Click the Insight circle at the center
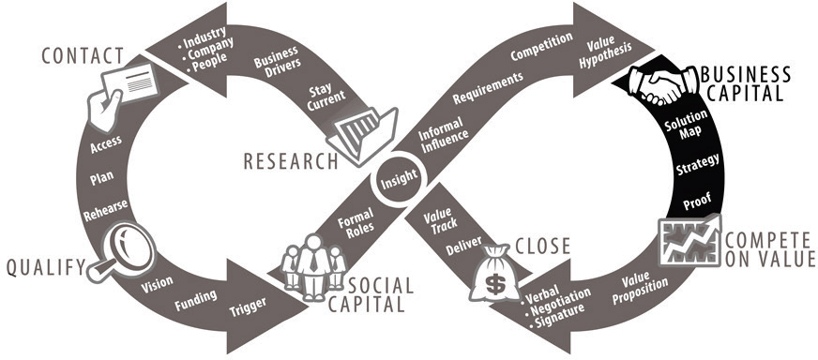(x=399, y=178)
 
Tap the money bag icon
(x=493, y=273)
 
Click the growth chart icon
(x=689, y=241)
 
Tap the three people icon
(x=314, y=267)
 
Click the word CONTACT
(x=83, y=56)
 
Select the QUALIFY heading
(x=46, y=267)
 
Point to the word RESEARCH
(x=291, y=162)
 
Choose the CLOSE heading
(x=542, y=246)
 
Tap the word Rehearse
(x=105, y=210)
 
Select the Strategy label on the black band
(x=698, y=164)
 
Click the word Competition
(x=541, y=48)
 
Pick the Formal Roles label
(x=356, y=223)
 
